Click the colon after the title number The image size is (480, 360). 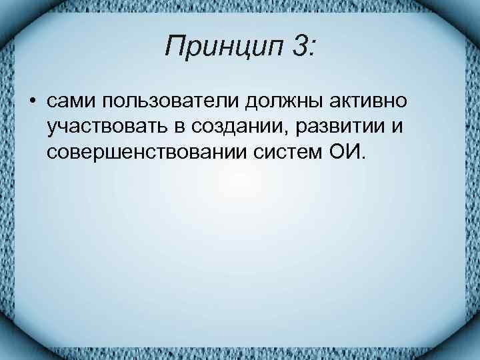pos(313,48)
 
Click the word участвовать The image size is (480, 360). pos(107,127)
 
